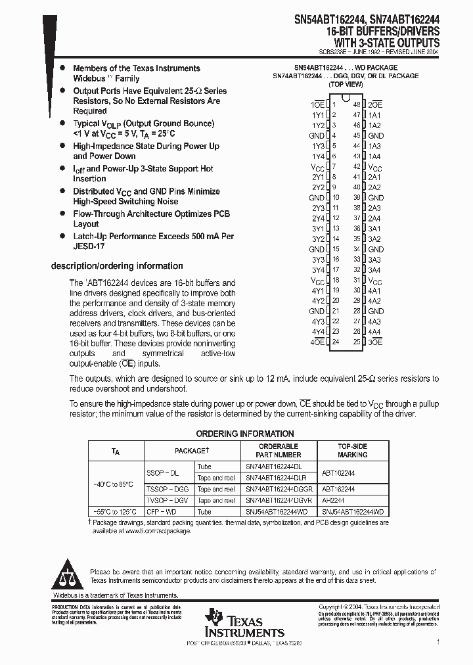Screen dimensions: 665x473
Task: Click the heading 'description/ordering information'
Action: click(117, 266)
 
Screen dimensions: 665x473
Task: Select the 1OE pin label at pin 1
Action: click(317, 104)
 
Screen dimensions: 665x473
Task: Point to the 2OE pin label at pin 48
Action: click(375, 104)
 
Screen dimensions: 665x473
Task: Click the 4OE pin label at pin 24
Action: click(317, 342)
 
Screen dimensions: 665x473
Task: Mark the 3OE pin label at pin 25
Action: click(375, 342)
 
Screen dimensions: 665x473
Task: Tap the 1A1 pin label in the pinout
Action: click(374, 115)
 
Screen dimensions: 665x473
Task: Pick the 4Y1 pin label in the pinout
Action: click(318, 290)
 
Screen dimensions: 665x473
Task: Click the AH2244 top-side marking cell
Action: click(334, 501)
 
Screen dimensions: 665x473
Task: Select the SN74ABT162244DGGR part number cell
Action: click(279, 490)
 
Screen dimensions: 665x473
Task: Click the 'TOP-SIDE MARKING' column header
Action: click(352, 450)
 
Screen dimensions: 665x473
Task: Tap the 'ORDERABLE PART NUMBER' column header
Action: click(279, 450)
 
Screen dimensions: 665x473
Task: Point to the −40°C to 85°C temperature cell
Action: click(114, 484)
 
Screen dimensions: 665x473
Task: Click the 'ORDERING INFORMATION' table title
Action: click(245, 434)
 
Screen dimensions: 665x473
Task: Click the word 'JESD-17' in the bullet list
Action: click(89, 246)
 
